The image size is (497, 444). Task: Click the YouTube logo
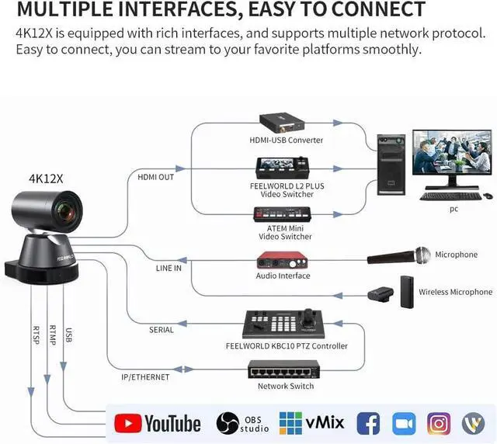click(x=158, y=423)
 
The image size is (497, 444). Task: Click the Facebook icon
click(x=367, y=423)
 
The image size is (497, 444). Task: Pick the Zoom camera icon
click(x=404, y=423)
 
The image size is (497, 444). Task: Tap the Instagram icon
click(x=439, y=423)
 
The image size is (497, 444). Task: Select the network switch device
click(x=283, y=369)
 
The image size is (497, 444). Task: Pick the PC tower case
click(x=391, y=165)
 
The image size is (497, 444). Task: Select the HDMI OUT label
click(x=155, y=177)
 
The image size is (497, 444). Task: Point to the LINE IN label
click(x=168, y=269)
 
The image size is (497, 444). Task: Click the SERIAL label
click(x=162, y=330)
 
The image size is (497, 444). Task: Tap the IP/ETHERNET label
click(x=145, y=377)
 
